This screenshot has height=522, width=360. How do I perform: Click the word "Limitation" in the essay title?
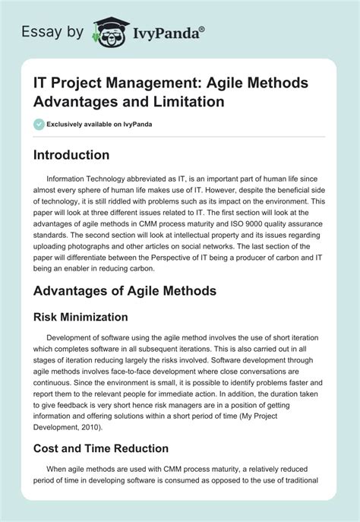coord(162,101)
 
